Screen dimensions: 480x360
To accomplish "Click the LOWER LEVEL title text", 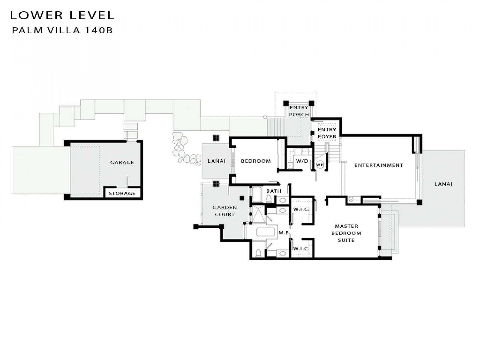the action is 62,15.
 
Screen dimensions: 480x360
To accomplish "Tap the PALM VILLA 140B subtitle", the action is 62,30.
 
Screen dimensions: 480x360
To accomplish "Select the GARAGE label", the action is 122,162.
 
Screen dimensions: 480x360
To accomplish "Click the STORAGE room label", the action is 122,193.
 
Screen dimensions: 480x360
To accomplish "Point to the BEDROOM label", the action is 256,161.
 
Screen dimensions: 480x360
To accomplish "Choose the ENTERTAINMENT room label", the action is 379,165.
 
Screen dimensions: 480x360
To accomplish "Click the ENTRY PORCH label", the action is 299,111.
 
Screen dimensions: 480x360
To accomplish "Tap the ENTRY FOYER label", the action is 327,133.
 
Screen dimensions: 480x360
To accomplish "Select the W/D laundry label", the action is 302,161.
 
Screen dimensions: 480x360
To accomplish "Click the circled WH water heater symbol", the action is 320,165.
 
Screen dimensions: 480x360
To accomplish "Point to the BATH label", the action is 274,191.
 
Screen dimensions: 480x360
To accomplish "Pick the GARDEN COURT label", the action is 225,211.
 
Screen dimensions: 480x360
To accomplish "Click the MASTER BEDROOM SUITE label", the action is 346,233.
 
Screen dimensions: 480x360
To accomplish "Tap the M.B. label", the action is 284,233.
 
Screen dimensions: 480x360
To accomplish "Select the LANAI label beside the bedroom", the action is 217,161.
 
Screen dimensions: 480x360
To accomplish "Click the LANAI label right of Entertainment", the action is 443,184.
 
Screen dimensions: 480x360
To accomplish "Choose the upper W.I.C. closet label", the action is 301,209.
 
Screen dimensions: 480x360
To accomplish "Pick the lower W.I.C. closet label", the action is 301,248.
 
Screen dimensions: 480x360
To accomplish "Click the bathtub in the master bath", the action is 265,232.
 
